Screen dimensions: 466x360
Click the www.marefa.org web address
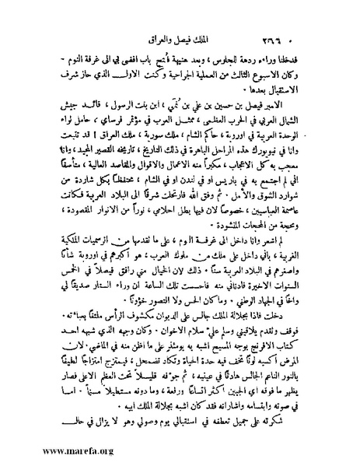click(x=44, y=450)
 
